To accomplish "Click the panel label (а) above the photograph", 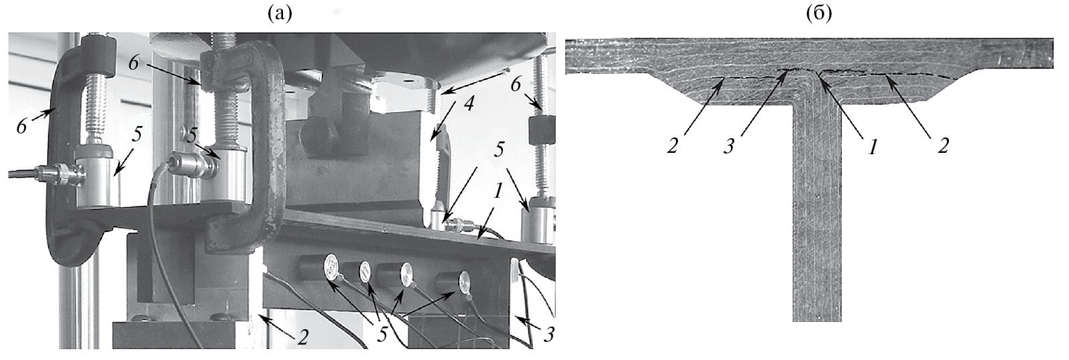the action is (x=279, y=14).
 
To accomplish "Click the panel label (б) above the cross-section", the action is (x=819, y=14).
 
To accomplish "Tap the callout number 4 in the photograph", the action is (x=469, y=103).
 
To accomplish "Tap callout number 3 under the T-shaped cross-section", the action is (x=728, y=147).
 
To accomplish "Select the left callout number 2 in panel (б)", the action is (x=673, y=146).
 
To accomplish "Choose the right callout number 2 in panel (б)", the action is (x=942, y=146).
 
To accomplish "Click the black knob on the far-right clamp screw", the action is (x=543, y=129).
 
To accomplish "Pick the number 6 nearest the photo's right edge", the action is (x=515, y=85).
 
